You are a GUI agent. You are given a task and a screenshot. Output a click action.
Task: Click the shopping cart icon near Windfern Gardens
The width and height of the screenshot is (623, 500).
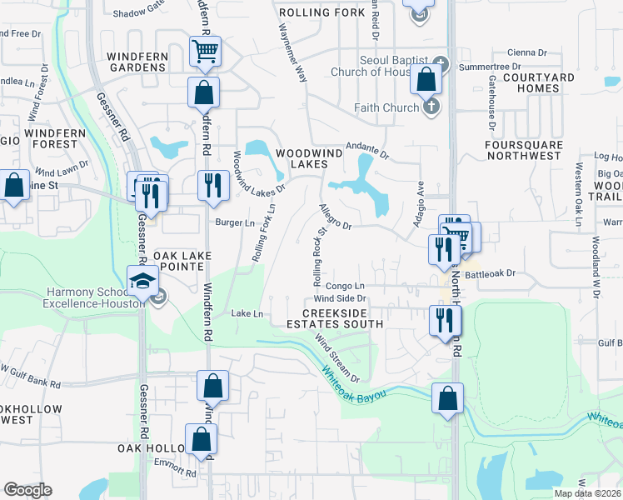point(204,51)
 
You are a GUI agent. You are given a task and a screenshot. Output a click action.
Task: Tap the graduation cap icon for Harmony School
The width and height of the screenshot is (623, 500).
point(142,279)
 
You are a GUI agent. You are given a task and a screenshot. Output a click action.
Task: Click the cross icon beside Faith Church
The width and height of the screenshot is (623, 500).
point(431,106)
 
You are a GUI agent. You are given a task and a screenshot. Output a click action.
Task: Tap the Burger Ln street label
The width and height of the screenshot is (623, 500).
point(235,222)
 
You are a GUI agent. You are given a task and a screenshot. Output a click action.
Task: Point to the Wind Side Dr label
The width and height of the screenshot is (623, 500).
point(340,297)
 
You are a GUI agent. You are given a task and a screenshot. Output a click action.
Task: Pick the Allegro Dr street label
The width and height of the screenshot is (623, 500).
point(336,219)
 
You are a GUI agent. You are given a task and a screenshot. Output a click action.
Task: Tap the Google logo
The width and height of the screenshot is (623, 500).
point(27,490)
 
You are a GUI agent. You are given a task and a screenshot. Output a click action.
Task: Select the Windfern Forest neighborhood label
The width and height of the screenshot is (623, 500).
point(57,138)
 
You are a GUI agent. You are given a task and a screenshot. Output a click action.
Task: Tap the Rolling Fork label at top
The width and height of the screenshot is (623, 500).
point(321,13)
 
